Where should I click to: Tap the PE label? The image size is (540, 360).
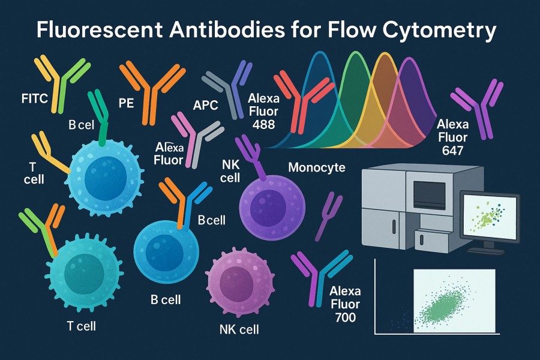pyautogui.click(x=126, y=103)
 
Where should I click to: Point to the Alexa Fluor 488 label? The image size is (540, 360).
pyautogui.click(x=261, y=110)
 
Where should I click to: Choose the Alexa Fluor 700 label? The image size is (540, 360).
pyautogui.click(x=347, y=304)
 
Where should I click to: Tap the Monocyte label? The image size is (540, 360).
pyautogui.click(x=317, y=167)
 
